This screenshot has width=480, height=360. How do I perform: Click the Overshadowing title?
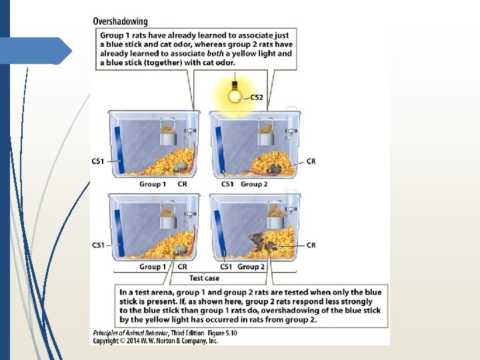pos(120,21)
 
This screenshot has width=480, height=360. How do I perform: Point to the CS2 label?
pos(257,97)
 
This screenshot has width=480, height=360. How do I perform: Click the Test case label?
pos(204,278)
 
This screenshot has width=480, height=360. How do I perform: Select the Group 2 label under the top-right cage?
pos(254,184)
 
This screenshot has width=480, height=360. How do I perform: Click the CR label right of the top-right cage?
pos(311,161)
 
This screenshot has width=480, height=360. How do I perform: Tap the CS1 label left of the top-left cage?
pos(98,161)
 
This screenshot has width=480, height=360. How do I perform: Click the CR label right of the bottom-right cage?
pos(311,245)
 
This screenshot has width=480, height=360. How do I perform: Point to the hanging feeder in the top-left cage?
pos(167,137)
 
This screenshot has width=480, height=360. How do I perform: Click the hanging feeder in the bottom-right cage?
pos(273,219)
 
